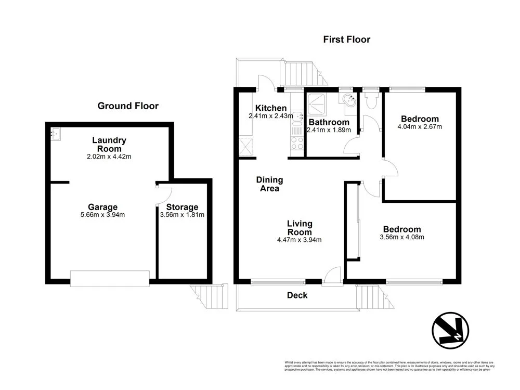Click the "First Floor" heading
pyautogui.click(x=346, y=39)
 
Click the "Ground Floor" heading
pyautogui.click(x=128, y=106)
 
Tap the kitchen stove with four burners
pyautogui.click(x=297, y=143)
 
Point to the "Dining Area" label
pyautogui.click(x=269, y=184)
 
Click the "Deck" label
pyautogui.click(x=297, y=295)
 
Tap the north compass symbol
pyautogui.click(x=450, y=330)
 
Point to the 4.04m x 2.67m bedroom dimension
pyautogui.click(x=419, y=127)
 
